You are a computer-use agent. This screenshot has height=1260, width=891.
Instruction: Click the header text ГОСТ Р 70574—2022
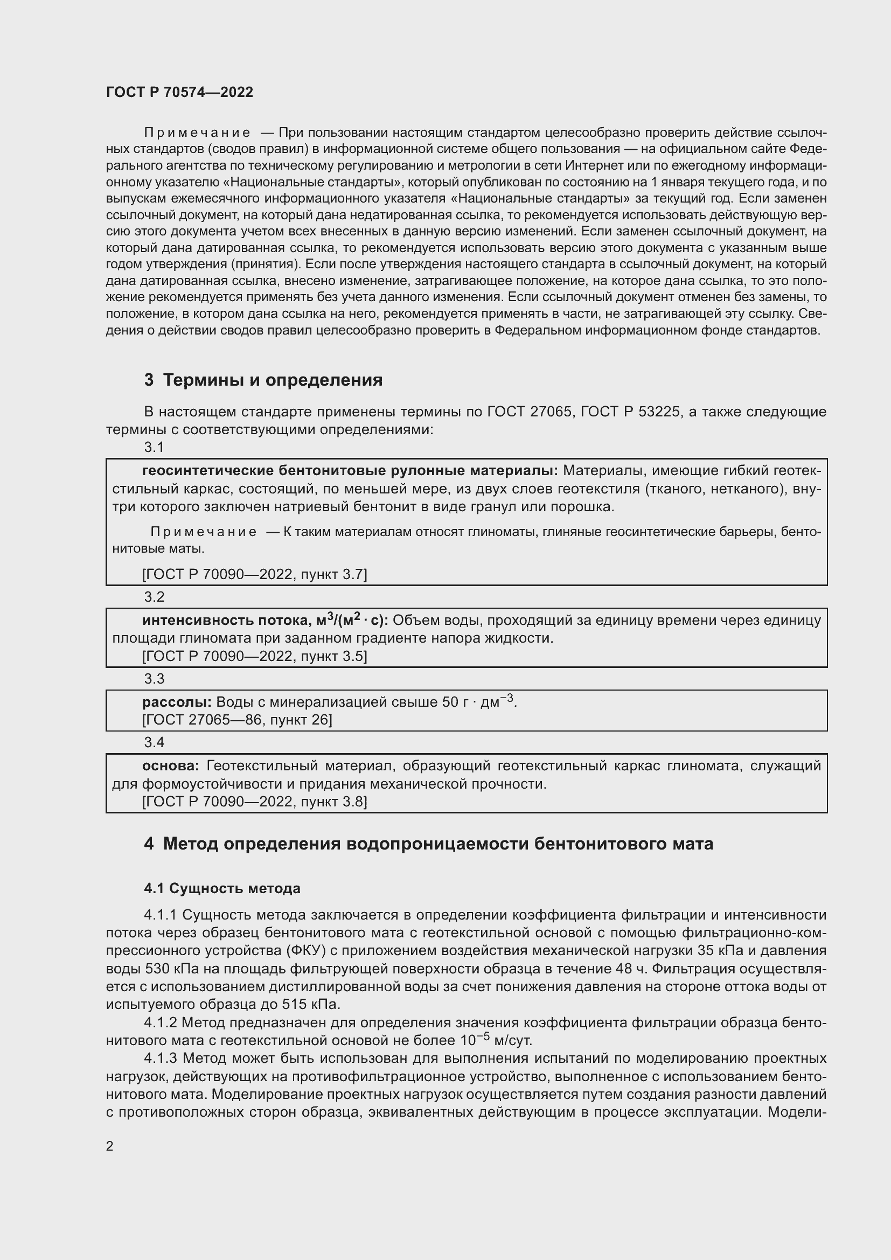click(x=179, y=92)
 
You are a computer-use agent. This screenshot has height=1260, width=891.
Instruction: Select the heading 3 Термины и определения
click(x=263, y=380)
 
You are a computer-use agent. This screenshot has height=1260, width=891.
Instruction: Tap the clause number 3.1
click(x=154, y=447)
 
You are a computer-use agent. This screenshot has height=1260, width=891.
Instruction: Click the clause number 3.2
click(x=154, y=597)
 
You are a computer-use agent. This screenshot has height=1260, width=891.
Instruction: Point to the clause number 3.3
click(x=154, y=679)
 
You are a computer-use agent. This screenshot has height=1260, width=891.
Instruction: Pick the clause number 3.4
click(x=154, y=742)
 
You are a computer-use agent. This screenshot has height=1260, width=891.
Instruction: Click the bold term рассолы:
click(x=177, y=702)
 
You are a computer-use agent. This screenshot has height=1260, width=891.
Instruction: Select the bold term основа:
click(x=171, y=766)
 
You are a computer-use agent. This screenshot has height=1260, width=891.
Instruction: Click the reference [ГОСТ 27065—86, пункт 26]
click(x=237, y=720)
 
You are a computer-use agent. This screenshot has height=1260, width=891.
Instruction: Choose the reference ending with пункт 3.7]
click(x=255, y=575)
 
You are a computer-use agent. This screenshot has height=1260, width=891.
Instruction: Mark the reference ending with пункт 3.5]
click(x=255, y=656)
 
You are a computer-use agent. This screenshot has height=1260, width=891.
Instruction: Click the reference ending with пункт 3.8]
click(x=255, y=802)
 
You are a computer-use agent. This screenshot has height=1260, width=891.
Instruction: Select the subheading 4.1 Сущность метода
click(x=222, y=888)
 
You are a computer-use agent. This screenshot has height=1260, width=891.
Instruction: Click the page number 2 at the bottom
click(x=110, y=1146)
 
